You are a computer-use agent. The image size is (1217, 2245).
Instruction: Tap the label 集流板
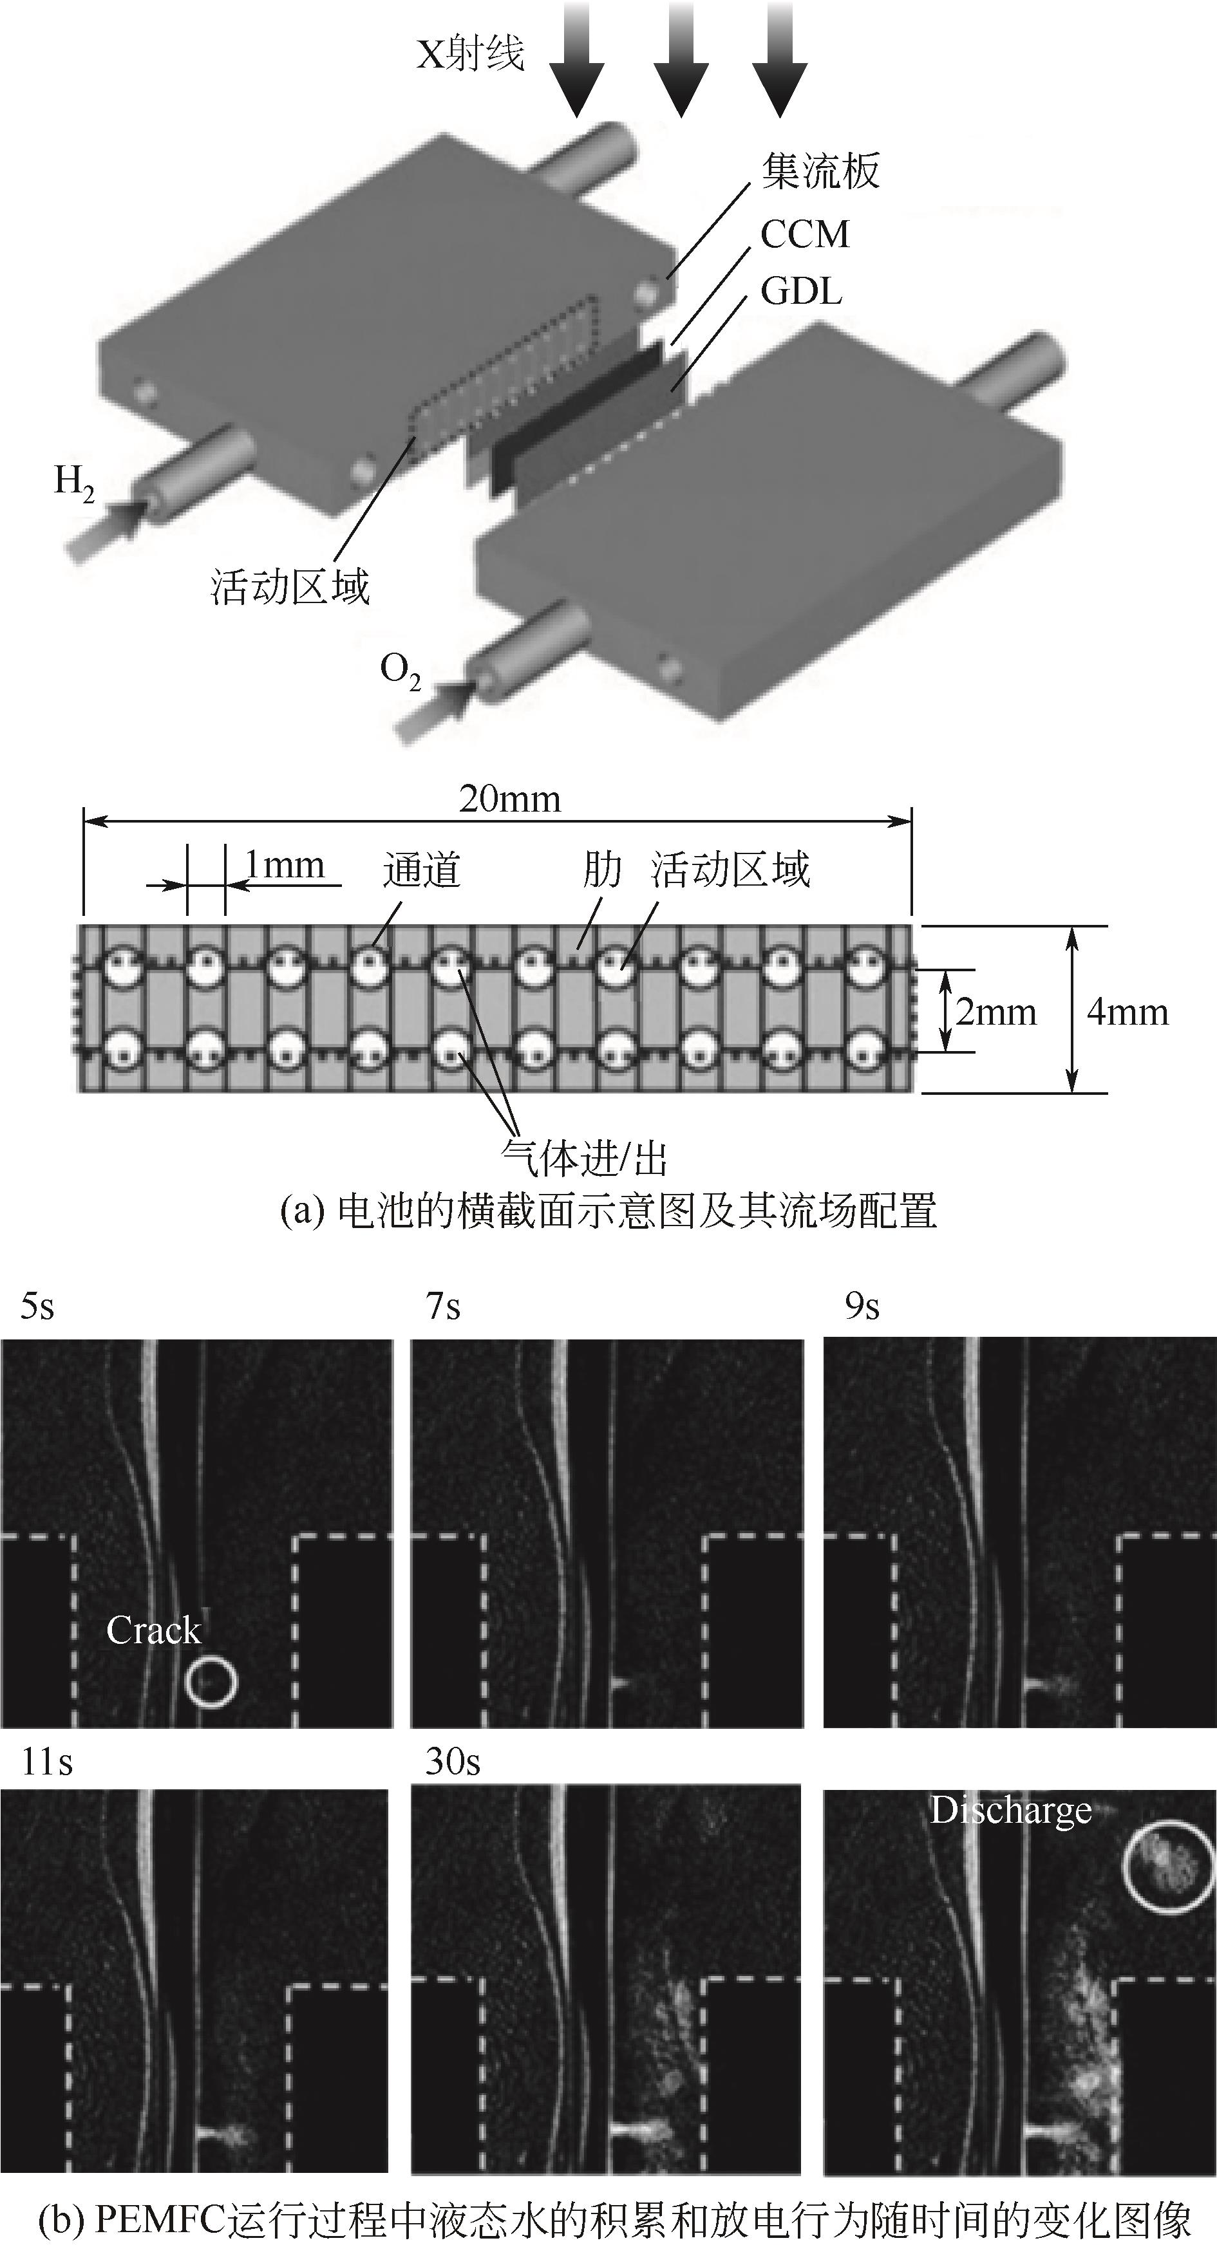820,172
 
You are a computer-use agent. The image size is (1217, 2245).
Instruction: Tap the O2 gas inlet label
400,672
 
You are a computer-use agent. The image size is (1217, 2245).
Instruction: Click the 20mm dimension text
510,799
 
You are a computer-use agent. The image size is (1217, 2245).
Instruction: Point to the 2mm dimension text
995,1012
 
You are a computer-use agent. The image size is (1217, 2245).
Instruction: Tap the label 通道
421,870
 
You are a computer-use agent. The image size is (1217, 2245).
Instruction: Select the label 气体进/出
584,1160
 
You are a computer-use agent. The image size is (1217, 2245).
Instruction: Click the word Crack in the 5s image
153,1630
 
